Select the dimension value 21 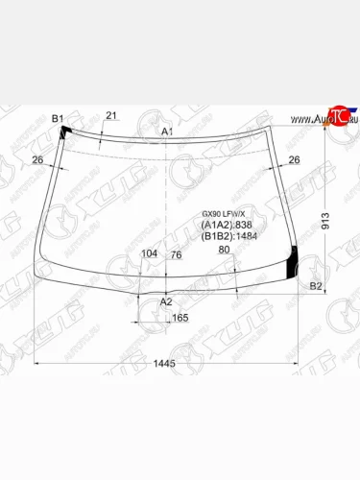coord(110,116)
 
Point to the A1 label coord(166,131)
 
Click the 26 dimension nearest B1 coord(37,159)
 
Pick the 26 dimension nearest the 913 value coord(294,159)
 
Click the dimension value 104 coord(149,253)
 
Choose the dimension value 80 coord(224,251)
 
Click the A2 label coord(166,301)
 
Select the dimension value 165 coord(180,317)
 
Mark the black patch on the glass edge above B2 coord(294,258)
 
